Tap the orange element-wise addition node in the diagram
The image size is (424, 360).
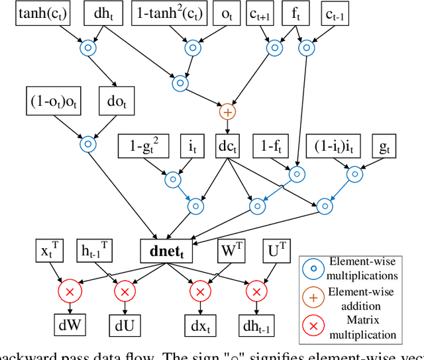pos(227,112)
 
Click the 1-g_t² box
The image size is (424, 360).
pos(143,144)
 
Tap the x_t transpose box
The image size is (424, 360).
pos(48,252)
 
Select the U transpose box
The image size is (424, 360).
pos(274,252)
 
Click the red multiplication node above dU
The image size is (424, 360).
pos(123,291)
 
